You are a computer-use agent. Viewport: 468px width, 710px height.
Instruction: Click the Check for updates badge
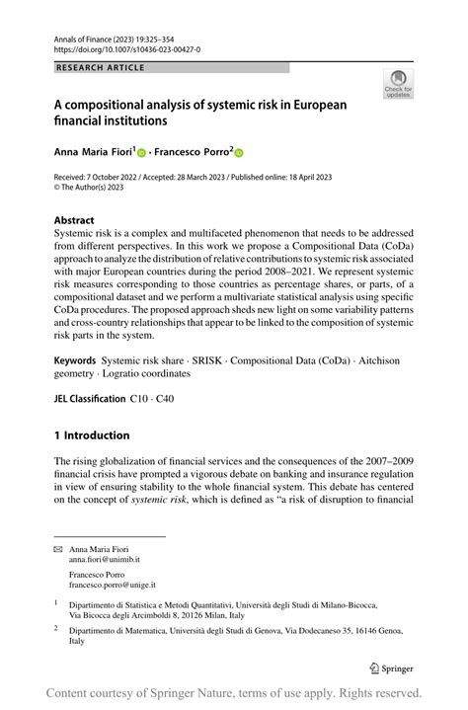(398, 85)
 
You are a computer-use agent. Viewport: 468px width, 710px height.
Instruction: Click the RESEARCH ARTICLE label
(101, 67)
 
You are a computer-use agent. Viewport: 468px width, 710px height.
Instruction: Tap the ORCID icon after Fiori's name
(140, 154)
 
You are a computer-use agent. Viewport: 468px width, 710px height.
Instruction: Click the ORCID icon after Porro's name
(238, 154)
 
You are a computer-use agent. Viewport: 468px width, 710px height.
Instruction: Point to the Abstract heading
(75, 220)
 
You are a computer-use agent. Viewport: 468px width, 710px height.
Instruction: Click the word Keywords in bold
(75, 361)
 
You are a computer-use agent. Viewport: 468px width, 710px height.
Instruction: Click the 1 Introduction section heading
(92, 435)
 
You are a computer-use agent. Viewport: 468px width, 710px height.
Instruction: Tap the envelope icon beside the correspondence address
(58, 549)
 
